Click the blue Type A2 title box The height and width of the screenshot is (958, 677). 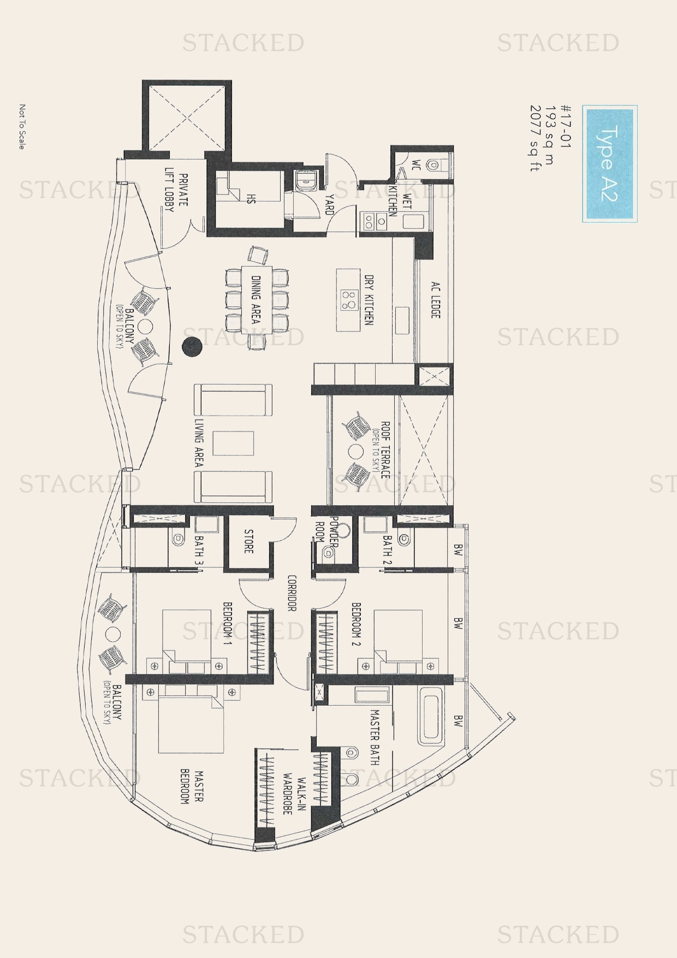click(610, 164)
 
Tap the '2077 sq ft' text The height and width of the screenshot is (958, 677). click(535, 139)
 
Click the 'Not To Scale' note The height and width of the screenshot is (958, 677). click(22, 127)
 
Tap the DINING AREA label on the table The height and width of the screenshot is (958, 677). click(255, 299)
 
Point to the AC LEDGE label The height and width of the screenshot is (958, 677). click(435, 300)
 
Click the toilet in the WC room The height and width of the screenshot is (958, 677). click(437, 163)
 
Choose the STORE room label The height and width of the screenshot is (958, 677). click(249, 541)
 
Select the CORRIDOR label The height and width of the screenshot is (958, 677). click(292, 593)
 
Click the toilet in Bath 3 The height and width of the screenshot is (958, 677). click(178, 539)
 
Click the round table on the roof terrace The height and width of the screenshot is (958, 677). click(356, 451)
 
